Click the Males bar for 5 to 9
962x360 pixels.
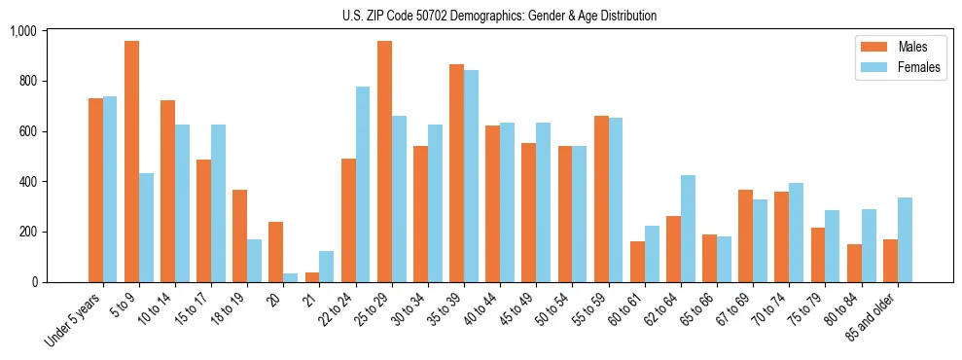132,162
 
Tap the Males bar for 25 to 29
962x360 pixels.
384,162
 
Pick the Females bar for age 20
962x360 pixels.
291,278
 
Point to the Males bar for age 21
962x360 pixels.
312,277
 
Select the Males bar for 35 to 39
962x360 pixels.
456,173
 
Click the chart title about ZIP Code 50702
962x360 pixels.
499,16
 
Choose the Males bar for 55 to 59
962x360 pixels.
601,199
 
